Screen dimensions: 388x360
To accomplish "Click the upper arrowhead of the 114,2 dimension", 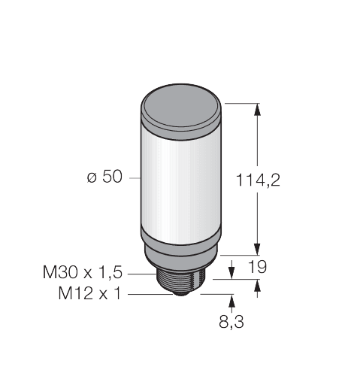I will (258, 110).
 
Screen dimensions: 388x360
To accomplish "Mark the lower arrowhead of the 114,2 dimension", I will (258, 250).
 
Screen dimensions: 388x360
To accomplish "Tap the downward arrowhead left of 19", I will (230, 268).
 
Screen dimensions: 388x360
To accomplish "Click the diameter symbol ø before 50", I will (91, 178).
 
